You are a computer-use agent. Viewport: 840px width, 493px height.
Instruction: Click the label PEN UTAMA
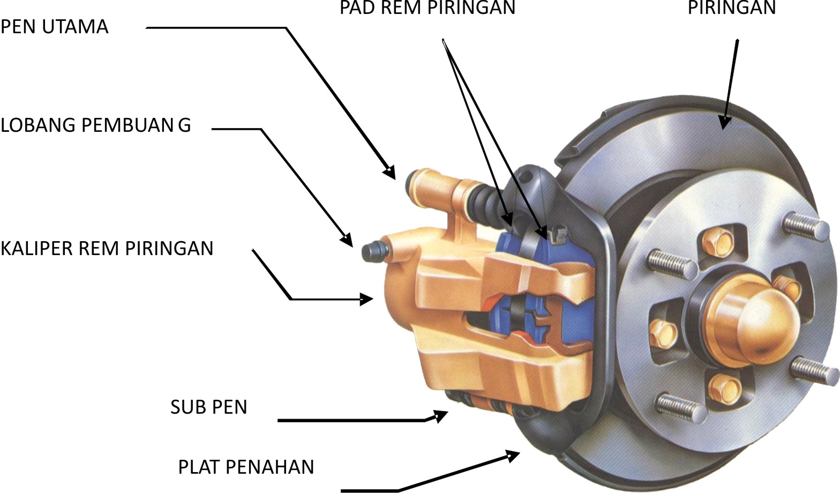click(x=54, y=27)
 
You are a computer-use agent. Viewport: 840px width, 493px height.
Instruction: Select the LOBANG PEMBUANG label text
click(x=95, y=125)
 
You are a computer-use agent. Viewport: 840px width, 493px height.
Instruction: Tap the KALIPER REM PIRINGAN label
click(x=107, y=249)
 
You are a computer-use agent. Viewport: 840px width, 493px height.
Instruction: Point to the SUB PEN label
click(x=208, y=407)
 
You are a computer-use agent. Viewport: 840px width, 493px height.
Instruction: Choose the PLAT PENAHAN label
click(x=246, y=467)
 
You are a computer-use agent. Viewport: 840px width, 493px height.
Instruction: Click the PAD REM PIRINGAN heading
click(x=427, y=8)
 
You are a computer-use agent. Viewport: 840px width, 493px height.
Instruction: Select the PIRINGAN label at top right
click(x=731, y=8)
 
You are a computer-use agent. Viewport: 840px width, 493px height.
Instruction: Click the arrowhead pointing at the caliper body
click(x=367, y=298)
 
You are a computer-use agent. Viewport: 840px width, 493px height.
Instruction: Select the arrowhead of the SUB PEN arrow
click(x=441, y=416)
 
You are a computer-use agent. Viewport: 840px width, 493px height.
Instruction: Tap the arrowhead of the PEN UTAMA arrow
click(x=390, y=172)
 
